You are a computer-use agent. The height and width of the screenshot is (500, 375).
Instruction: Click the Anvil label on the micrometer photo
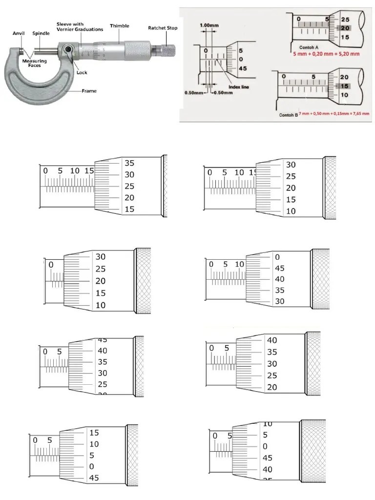point(18,34)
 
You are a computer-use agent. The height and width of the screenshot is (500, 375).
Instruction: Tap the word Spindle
point(41,34)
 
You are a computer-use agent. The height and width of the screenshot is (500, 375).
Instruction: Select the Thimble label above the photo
point(120,26)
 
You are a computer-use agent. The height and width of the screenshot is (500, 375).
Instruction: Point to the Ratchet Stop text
point(163,28)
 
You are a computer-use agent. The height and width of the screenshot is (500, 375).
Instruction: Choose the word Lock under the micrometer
point(82,72)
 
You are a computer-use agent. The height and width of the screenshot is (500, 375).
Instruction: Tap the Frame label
point(89,91)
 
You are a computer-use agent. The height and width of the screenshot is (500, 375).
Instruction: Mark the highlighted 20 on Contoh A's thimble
point(345,28)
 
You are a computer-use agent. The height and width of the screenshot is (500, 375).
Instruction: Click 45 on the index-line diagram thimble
point(242,69)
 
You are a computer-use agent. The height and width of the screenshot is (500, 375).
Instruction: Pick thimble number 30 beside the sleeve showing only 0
point(101,257)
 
